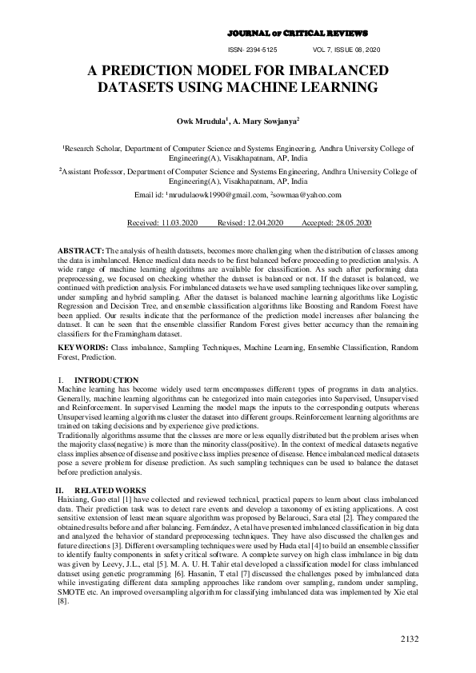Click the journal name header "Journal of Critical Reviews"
click(298, 34)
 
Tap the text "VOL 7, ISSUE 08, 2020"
click(347, 50)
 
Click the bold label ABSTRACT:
click(82, 252)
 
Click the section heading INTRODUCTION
click(106, 380)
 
